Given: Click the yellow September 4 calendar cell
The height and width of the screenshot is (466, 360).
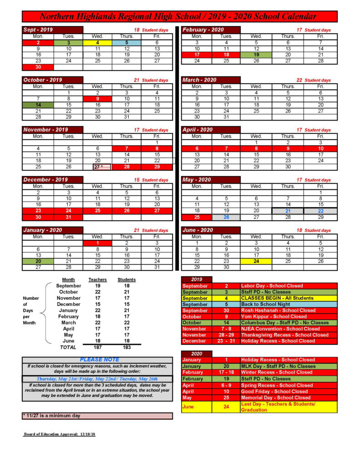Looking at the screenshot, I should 97,43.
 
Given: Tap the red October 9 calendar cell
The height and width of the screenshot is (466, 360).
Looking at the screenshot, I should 97,99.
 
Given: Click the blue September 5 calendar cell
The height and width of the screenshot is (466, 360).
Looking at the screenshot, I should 127,43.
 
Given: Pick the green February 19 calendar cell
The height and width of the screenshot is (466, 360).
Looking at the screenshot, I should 256,55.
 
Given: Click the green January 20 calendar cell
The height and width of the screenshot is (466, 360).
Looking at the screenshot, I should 38,261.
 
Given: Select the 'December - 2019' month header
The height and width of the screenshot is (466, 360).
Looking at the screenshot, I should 46,180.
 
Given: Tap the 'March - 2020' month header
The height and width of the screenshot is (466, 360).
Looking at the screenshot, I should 199,80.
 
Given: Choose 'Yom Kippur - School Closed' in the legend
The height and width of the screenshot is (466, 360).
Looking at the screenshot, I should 274,316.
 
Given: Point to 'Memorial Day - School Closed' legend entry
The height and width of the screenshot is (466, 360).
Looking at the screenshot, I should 276,397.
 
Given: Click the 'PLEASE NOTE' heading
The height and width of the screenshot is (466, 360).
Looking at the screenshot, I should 99,360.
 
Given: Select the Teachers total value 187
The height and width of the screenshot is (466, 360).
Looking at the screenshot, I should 97,347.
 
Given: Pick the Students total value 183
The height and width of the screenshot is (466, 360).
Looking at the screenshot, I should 127,347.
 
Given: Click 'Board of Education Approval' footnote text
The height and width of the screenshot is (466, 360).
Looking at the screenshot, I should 59,434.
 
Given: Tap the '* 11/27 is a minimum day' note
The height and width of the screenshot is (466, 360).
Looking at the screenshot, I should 51,415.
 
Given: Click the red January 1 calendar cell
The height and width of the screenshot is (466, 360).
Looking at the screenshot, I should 97,243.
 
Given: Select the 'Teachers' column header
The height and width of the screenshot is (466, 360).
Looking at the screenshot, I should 97,279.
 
